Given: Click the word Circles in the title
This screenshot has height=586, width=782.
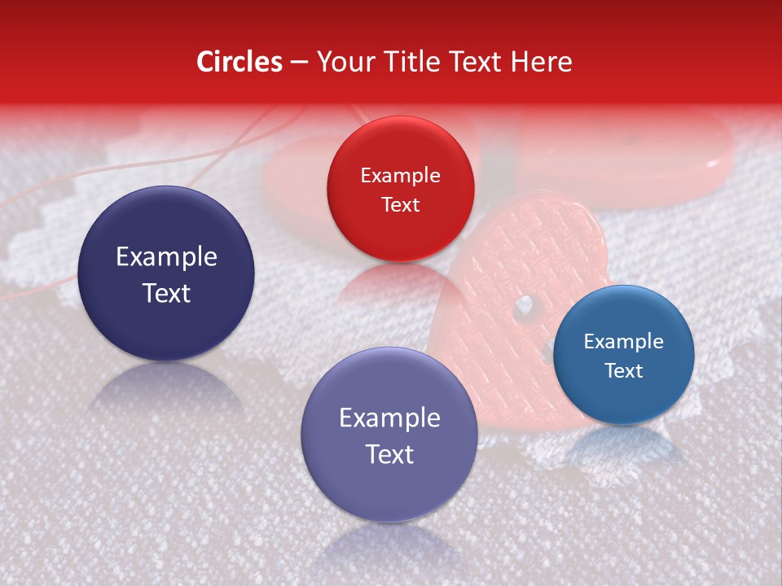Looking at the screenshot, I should pyautogui.click(x=239, y=62).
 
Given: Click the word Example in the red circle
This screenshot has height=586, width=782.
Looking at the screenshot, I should pyautogui.click(x=400, y=175).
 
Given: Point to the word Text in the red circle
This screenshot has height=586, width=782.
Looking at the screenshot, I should pyautogui.click(x=400, y=204).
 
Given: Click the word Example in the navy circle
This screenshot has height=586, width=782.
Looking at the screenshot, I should pyautogui.click(x=166, y=257).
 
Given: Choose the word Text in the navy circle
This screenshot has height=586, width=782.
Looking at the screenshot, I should pyautogui.click(x=166, y=293).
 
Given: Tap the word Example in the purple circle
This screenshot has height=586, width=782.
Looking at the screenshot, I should pyautogui.click(x=389, y=418).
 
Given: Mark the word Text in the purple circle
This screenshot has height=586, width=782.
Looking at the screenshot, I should pyautogui.click(x=389, y=454).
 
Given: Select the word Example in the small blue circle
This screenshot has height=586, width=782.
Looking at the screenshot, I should pyautogui.click(x=623, y=341).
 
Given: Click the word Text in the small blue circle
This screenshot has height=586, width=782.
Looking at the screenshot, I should pyautogui.click(x=623, y=370).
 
